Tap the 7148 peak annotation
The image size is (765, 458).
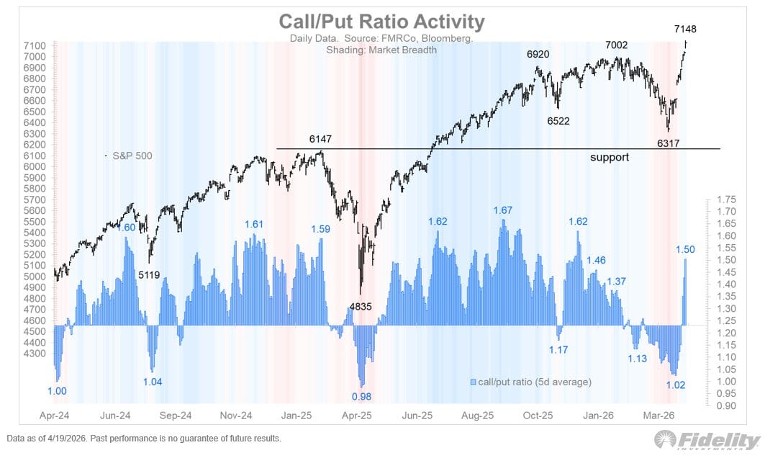[684, 29]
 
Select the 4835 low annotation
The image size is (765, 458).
[361, 307]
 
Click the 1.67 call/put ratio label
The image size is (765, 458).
[502, 210]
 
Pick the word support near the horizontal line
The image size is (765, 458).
[610, 157]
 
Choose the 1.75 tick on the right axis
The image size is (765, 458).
[727, 199]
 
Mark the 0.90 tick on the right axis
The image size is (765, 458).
[727, 405]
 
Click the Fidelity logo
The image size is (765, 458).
[705, 439]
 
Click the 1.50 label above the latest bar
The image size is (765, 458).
[685, 249]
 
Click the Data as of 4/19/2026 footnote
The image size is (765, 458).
[144, 439]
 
